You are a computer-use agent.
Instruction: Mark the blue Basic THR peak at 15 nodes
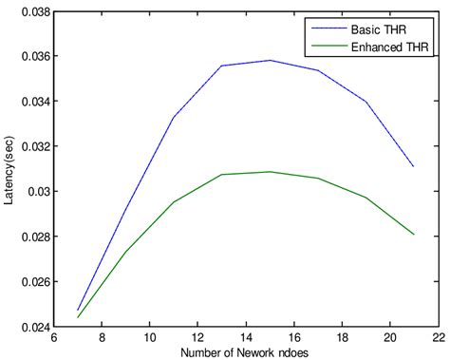271,61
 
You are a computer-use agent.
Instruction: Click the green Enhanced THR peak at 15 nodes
271,172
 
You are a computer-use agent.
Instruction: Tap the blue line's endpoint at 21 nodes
414,166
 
